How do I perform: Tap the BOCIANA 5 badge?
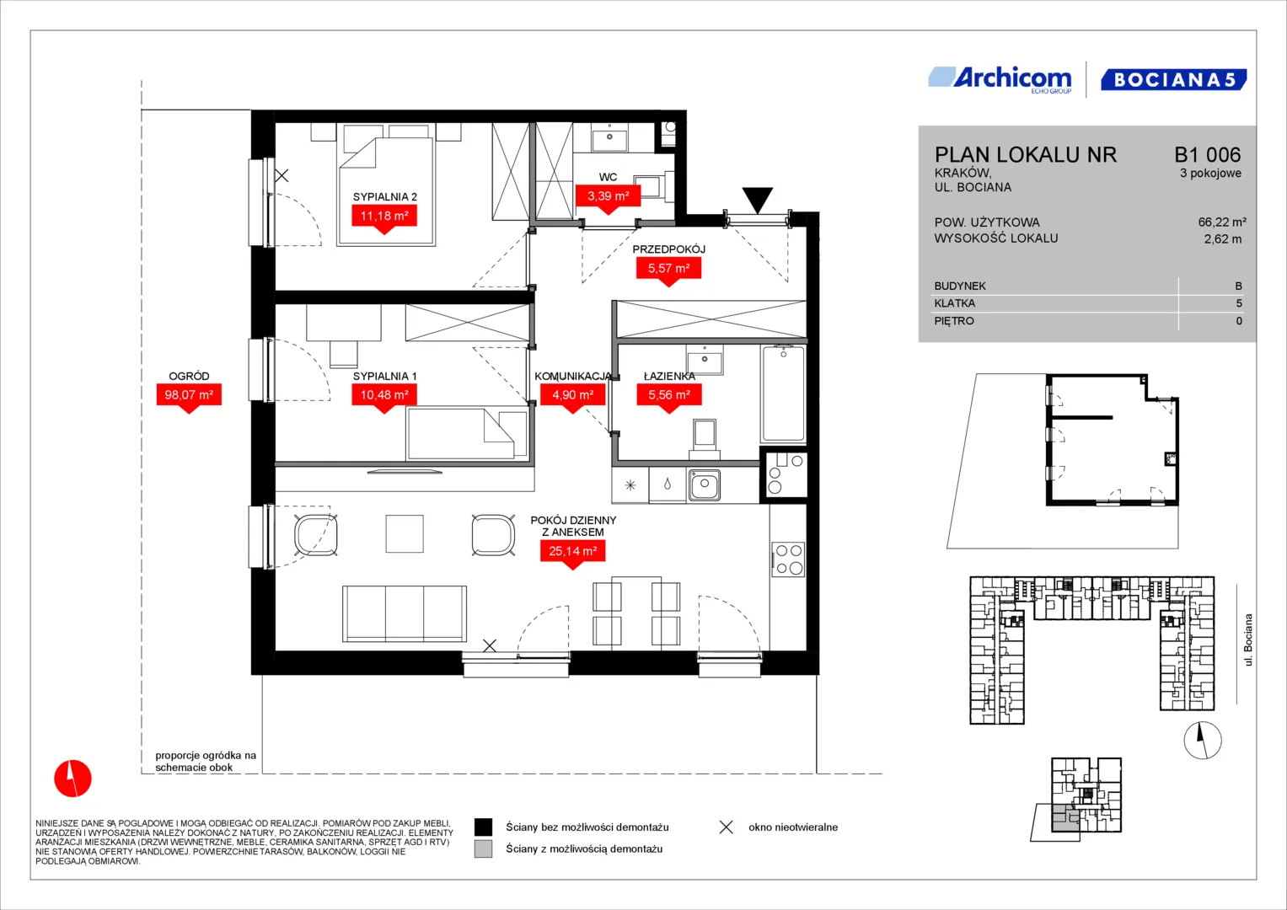click(x=1174, y=79)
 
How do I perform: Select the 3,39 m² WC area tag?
click(x=608, y=196)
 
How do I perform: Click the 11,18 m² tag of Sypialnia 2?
click(x=384, y=217)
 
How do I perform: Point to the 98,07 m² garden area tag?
click(x=189, y=396)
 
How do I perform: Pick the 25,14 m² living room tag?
click(x=573, y=552)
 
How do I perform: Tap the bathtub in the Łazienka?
click(x=783, y=393)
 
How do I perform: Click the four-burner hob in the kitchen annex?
click(x=788, y=559)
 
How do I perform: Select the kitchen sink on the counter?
click(x=704, y=485)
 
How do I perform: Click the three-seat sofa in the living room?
click(x=405, y=613)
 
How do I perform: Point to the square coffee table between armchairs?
click(x=405, y=533)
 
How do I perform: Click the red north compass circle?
click(x=73, y=779)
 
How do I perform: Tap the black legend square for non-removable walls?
click(x=483, y=827)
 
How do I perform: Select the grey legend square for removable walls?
click(x=483, y=849)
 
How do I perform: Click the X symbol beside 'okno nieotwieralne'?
click(x=727, y=827)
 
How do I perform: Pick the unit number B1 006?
click(x=1207, y=154)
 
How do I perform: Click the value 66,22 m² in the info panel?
click(x=1222, y=222)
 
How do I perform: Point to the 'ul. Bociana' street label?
click(x=1248, y=640)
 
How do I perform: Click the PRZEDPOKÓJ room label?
click(x=668, y=249)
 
